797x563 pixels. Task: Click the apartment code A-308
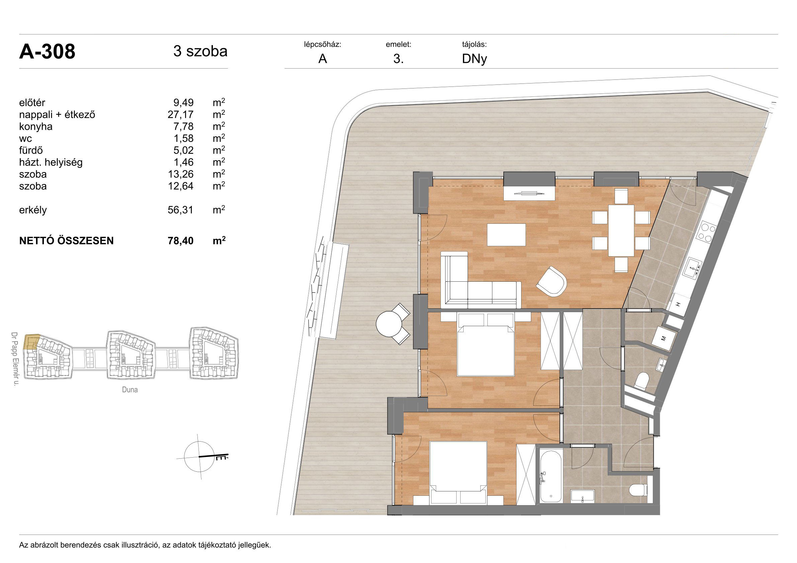click(x=47, y=52)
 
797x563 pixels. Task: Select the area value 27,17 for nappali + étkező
click(x=180, y=114)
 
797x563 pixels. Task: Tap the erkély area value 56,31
click(x=180, y=210)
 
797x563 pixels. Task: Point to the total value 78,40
click(x=180, y=241)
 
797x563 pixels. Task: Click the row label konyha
click(x=36, y=126)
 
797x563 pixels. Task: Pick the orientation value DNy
click(x=474, y=59)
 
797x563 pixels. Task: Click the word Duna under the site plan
click(x=130, y=390)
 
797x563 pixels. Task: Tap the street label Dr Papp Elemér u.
click(x=15, y=359)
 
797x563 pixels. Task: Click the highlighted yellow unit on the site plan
click(x=31, y=342)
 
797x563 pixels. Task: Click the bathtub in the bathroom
click(x=551, y=476)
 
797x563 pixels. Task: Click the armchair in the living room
click(x=552, y=281)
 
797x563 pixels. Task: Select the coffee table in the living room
click(x=506, y=235)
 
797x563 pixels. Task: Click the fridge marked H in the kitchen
click(x=678, y=304)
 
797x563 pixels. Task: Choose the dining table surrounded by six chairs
click(x=621, y=230)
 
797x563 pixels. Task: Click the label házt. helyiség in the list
click(x=51, y=162)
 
